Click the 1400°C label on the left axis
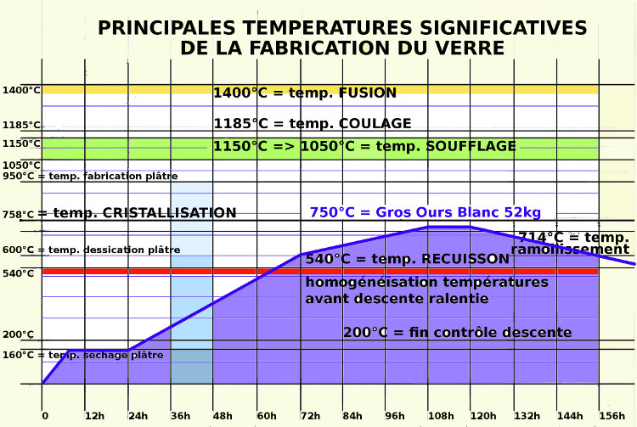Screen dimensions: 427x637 coord(21,90)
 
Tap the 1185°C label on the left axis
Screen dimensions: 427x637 coord(21,125)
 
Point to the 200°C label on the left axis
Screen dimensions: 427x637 coord(18,334)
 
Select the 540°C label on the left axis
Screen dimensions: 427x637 coord(18,273)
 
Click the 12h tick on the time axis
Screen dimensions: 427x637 coord(94,416)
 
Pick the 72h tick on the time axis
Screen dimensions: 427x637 coord(310,416)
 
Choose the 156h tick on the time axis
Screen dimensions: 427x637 coord(612,416)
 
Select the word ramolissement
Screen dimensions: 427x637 coord(570,250)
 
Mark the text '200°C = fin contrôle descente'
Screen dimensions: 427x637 coord(457,332)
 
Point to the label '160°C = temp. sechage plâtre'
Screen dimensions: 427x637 coord(82,355)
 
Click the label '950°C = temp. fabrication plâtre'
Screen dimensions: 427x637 coord(90,177)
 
